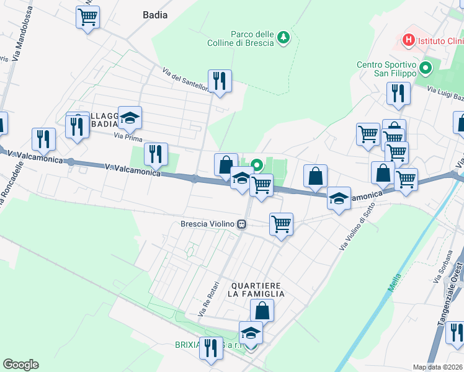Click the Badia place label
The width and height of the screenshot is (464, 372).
click(155, 15)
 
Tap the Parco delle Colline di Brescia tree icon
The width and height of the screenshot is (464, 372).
click(283, 38)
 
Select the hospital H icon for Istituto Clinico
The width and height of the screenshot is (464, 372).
click(408, 41)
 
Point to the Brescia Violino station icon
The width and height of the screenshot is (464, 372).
click(244, 224)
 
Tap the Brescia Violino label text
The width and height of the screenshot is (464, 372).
click(207, 224)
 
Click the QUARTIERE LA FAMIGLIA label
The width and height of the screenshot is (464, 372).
click(257, 289)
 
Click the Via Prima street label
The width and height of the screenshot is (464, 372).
click(124, 136)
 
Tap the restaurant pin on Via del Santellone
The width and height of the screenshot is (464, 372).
click(220, 81)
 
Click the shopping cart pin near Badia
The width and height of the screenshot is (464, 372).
click(87, 17)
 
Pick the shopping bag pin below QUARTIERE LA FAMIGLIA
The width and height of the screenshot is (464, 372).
click(262, 310)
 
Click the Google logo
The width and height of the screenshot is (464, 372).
click(20, 365)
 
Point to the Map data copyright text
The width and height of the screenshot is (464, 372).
click(438, 367)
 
